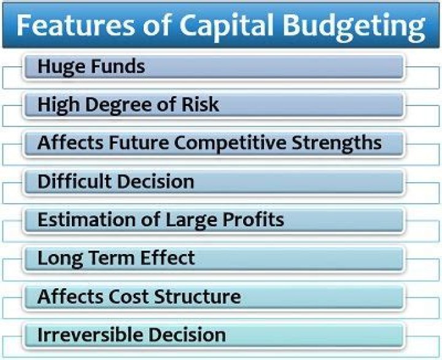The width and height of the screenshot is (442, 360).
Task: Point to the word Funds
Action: click(117, 66)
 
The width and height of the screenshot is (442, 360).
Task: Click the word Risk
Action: click(199, 105)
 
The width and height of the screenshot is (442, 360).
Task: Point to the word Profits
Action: click(254, 220)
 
